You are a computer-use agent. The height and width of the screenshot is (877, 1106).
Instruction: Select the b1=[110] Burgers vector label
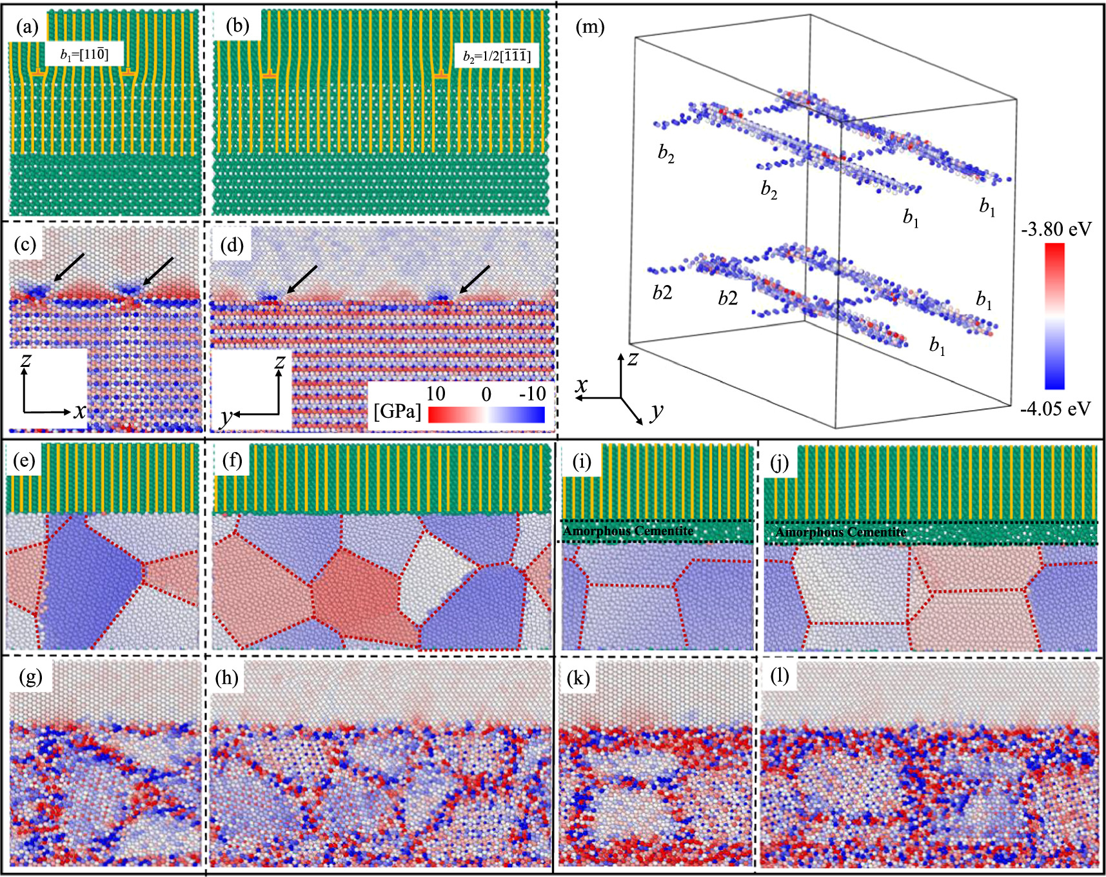point(84,54)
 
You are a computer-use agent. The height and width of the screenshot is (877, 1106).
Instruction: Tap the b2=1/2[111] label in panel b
point(497,56)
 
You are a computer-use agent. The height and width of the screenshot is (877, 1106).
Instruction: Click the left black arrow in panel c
point(68,267)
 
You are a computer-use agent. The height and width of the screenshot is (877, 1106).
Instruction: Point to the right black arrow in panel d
point(474,279)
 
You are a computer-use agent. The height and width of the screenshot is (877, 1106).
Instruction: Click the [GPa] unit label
point(397,411)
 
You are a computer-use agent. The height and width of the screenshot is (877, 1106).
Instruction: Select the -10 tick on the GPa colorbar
point(533,393)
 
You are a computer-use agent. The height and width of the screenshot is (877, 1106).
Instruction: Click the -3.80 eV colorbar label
point(1056,229)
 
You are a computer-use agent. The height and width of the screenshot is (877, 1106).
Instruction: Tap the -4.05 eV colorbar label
point(1056,408)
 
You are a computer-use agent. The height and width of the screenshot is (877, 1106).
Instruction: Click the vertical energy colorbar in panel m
point(1054,316)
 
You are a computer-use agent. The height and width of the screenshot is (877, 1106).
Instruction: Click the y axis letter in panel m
point(657,410)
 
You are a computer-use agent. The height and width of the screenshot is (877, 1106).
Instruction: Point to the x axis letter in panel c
point(79,410)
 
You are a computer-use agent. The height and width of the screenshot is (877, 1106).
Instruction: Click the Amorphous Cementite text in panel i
point(628,531)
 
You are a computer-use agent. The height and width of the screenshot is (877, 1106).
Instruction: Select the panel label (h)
point(227,678)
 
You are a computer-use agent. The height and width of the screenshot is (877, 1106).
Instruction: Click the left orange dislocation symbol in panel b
point(269,77)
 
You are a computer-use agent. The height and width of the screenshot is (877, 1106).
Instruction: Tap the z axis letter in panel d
point(279,361)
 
